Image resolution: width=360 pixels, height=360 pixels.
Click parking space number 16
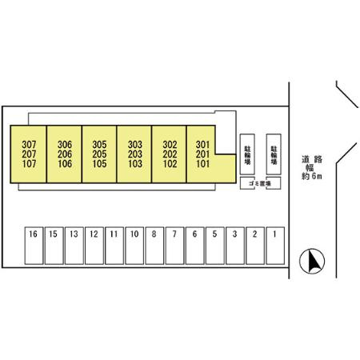[34, 246]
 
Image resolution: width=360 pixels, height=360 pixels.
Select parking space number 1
[275, 246]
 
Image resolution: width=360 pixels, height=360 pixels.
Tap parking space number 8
[154, 246]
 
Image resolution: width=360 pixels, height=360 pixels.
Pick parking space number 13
[74, 246]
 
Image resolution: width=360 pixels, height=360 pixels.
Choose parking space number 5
[215, 246]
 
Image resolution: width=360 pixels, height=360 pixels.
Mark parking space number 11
[114, 246]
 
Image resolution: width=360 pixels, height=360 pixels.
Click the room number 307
[29, 145]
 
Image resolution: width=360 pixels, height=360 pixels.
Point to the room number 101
[202, 163]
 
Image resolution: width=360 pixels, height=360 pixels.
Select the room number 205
[99, 154]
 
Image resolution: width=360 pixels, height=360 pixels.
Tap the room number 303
[135, 145]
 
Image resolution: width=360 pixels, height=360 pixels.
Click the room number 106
[65, 163]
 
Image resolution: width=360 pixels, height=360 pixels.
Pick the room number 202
[170, 154]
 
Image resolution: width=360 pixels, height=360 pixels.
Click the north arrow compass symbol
[312, 261]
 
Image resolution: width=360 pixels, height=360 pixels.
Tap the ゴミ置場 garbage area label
[260, 183]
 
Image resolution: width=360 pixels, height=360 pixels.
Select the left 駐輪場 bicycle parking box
[247, 154]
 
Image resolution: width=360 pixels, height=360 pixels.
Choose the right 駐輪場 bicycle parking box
[274, 154]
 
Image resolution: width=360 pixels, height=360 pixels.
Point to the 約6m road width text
[312, 176]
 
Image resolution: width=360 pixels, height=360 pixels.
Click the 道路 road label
[312, 159]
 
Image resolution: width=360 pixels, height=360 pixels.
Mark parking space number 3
[235, 246]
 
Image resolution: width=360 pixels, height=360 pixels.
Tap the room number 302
[170, 145]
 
